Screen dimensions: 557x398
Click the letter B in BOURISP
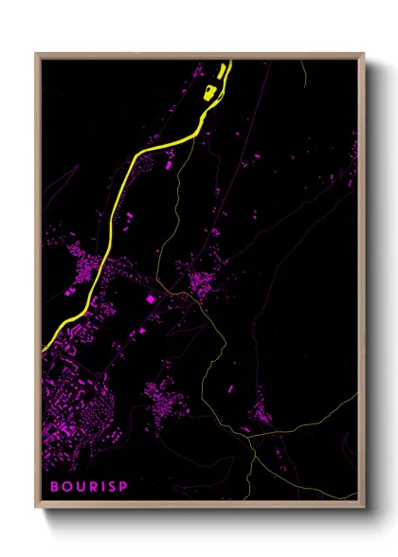point(54,486)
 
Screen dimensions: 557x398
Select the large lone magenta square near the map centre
point(150,299)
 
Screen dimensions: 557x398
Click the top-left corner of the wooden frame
point(37,54)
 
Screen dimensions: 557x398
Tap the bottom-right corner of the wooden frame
point(363,507)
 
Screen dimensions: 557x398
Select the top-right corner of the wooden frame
point(363,54)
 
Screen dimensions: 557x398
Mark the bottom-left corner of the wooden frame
point(37,507)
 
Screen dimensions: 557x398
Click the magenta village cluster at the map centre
point(201,281)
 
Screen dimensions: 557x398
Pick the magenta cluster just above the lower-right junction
point(257,412)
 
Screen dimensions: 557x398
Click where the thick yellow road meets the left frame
point(44,350)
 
